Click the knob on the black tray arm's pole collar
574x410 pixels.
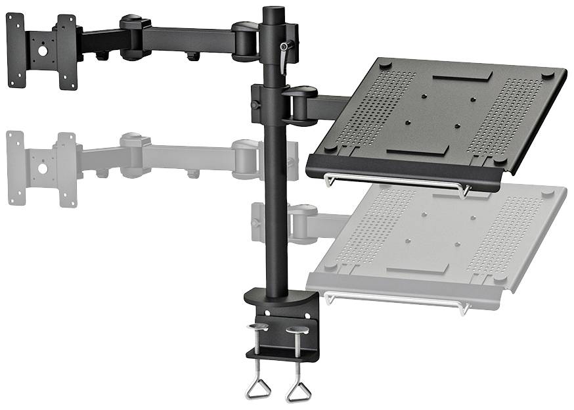coord(254,104)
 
